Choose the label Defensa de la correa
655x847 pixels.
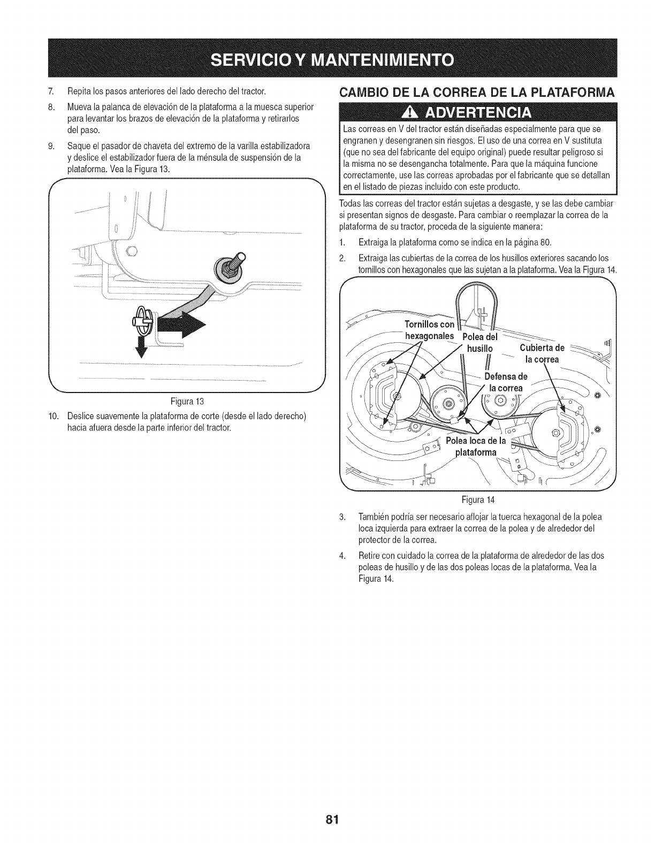(x=506, y=381)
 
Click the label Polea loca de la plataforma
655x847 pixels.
(x=477, y=446)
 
